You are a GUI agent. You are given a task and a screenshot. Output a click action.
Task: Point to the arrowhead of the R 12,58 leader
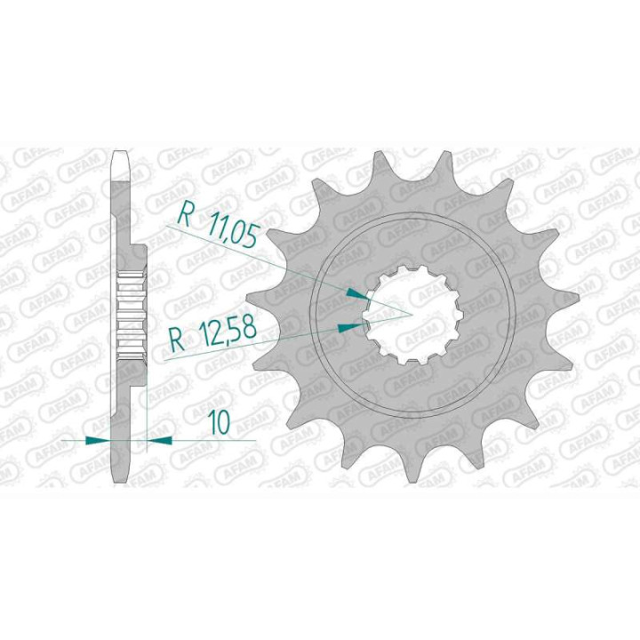click(352, 326)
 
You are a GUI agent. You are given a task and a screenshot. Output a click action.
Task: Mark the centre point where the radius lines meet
click(410, 314)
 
